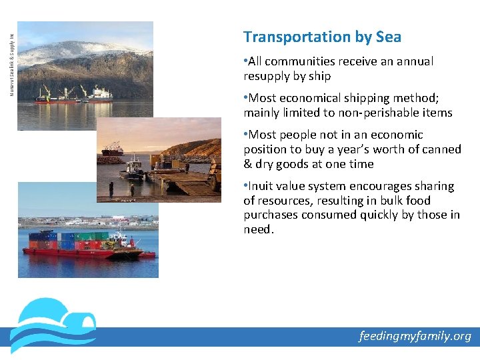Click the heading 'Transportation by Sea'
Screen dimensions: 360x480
click(x=322, y=37)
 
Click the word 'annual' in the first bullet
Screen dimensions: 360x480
click(x=415, y=61)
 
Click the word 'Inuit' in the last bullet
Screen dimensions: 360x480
click(x=262, y=186)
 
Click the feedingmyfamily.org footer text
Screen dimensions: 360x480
click(x=415, y=336)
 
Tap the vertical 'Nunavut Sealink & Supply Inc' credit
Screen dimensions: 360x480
click(x=11, y=57)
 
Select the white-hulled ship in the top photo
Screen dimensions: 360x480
click(x=99, y=95)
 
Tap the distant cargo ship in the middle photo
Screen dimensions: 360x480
click(x=113, y=149)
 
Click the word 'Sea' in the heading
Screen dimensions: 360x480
click(x=387, y=37)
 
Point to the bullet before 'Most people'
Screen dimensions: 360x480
click(x=245, y=135)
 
